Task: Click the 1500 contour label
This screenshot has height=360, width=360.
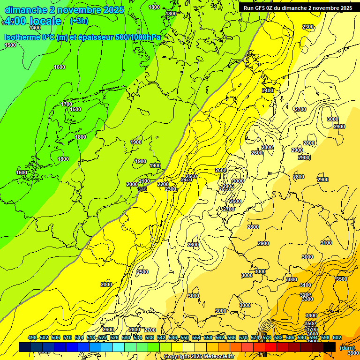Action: (10, 45)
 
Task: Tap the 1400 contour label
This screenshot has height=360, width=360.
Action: (35, 28)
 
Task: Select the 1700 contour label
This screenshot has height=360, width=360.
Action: (67, 104)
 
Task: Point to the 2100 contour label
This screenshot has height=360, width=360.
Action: (144, 181)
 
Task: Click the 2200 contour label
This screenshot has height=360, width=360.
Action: (163, 184)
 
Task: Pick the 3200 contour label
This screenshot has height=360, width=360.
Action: (306, 294)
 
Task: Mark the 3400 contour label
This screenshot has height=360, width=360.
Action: (311, 315)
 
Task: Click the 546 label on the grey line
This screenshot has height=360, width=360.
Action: (142, 188)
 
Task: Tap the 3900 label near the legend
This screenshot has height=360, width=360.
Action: (353, 353)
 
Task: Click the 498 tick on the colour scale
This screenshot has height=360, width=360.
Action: (32, 337)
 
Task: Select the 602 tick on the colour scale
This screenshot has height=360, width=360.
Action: (337, 337)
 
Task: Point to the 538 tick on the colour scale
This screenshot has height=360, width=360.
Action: (149, 337)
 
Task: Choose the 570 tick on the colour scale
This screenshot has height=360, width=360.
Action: (243, 337)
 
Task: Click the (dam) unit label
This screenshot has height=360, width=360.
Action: (347, 347)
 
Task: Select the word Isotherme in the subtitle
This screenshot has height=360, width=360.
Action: (22, 37)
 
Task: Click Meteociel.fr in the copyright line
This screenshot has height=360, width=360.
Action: (209, 357)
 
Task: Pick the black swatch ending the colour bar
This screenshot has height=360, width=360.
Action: (330, 347)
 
